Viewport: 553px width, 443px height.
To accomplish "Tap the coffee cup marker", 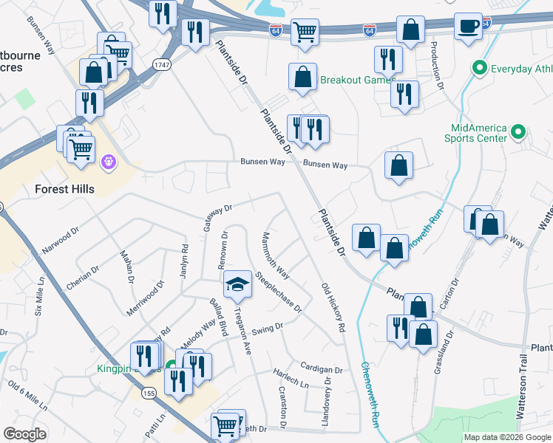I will point(468,27).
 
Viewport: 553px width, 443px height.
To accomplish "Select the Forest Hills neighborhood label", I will point(65,189).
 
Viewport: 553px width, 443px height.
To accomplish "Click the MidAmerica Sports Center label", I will point(475,131).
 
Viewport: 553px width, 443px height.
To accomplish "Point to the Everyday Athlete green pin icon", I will point(479,69).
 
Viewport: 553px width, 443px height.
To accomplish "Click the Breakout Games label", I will point(357,80).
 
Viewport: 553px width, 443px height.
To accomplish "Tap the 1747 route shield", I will point(161,66).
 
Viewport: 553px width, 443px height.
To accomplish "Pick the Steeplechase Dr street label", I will point(279,293).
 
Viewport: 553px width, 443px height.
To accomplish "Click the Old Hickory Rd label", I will point(333,306).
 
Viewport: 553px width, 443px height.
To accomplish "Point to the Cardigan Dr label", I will point(322,368).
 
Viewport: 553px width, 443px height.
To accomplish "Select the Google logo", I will point(24,434).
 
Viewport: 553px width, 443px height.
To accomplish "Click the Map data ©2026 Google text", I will point(506,437).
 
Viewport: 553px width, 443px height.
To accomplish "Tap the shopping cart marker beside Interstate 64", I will point(303,33).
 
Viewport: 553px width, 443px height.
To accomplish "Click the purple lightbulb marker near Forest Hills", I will point(109,159).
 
